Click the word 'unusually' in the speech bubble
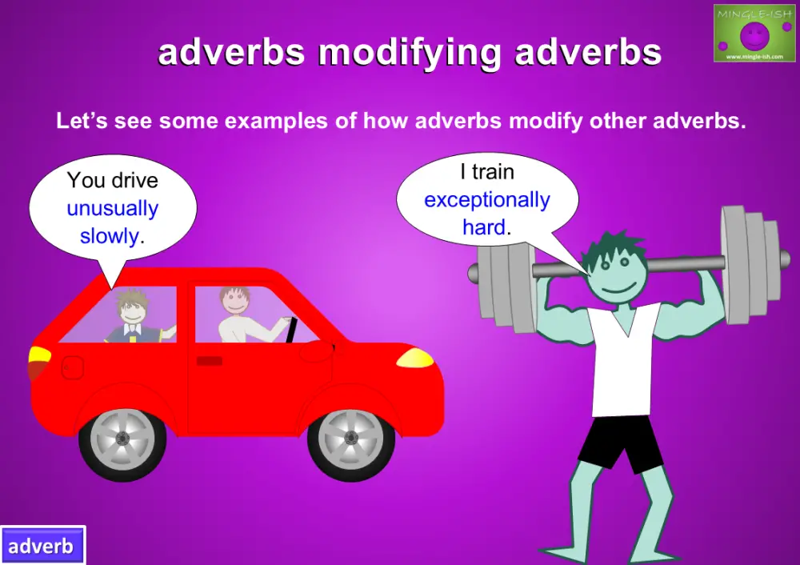[112, 209]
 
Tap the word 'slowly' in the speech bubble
[110, 236]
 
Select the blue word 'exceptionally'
[487, 200]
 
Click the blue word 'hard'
[484, 227]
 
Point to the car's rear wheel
[122, 439]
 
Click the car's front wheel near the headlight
[350, 439]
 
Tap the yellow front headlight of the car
[415, 358]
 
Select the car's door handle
[209, 361]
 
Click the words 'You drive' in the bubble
[112, 180]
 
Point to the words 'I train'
[486, 172]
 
